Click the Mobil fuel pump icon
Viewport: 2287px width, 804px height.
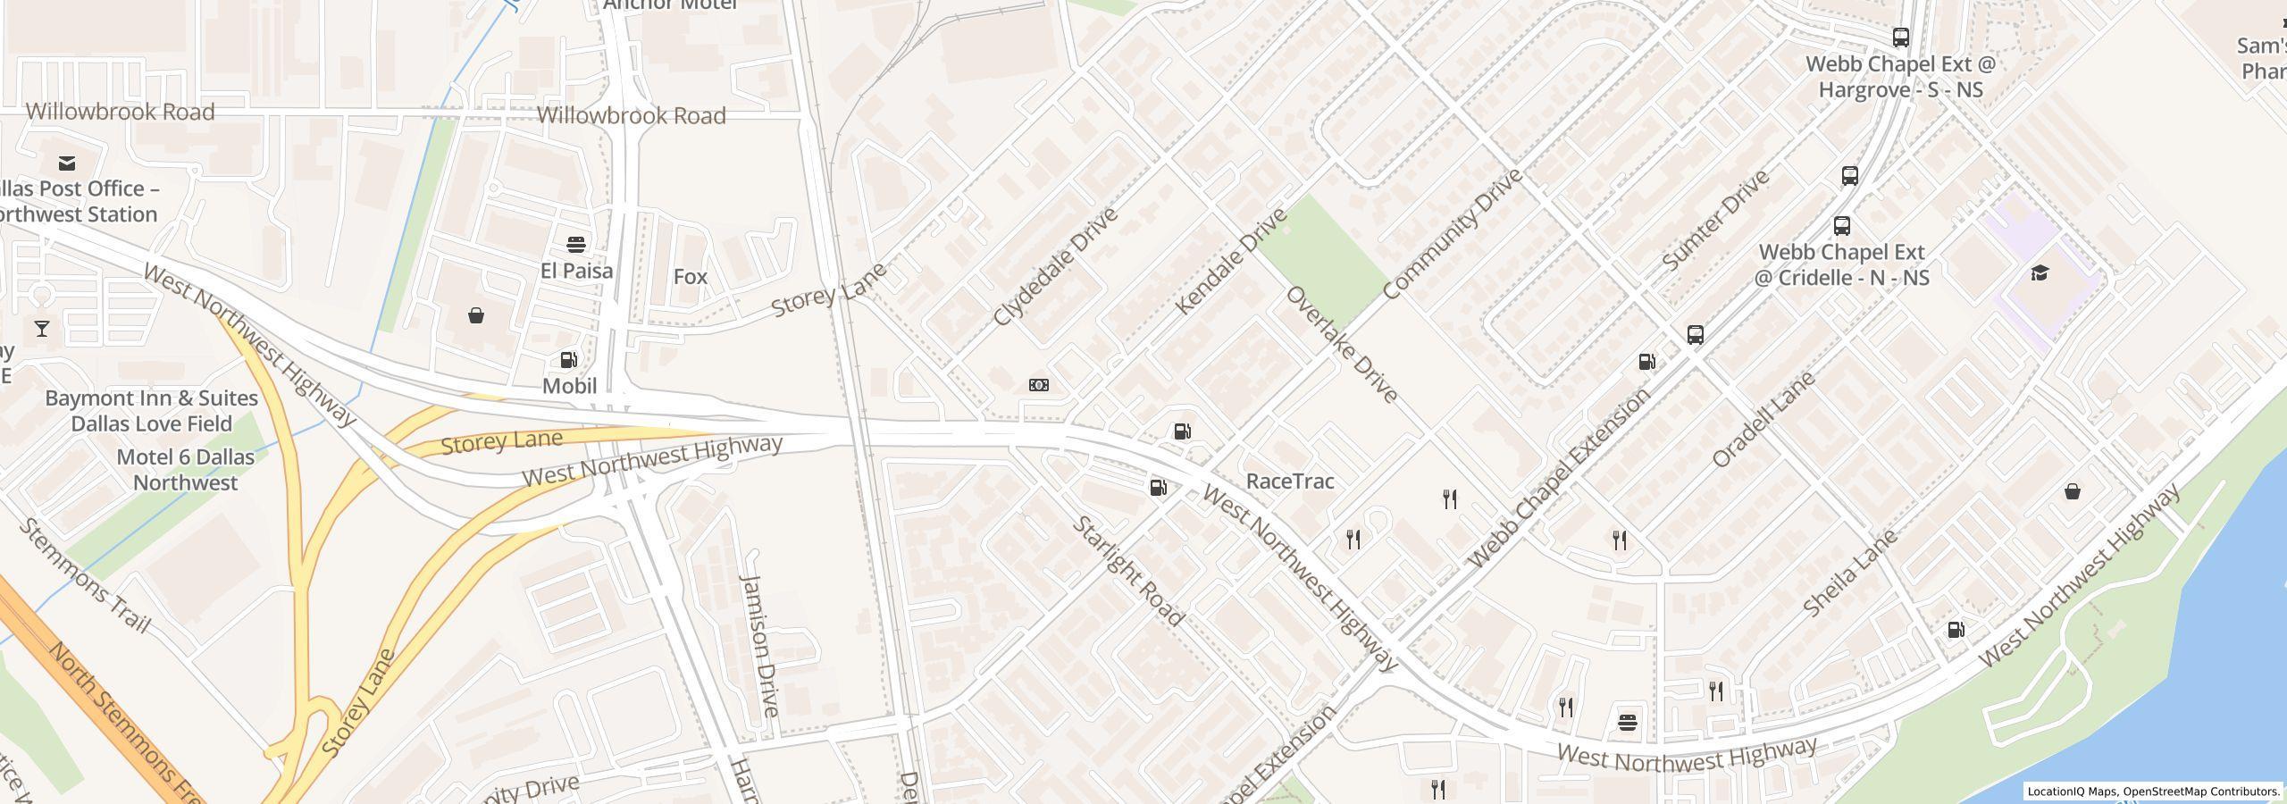568,360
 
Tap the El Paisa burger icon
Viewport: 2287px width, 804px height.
576,245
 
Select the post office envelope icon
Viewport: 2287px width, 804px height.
66,163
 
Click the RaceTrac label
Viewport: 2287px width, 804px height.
1289,482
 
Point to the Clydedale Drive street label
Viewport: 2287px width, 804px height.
1055,267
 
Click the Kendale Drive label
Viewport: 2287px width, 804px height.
1230,261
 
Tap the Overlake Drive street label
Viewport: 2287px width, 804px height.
1341,345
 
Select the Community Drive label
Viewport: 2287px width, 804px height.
1451,234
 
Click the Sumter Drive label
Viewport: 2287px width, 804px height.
1715,221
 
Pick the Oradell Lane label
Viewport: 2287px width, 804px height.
1763,419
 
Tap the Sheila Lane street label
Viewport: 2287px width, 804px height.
1849,573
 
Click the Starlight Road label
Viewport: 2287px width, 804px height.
1127,571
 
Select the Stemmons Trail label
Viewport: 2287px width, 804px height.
84,575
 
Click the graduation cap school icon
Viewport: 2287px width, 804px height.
2040,272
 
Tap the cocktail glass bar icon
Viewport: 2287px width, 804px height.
42,329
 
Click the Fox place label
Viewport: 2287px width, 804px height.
690,277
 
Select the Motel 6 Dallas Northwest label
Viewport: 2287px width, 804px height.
185,470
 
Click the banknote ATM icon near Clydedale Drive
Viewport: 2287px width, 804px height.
1038,385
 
